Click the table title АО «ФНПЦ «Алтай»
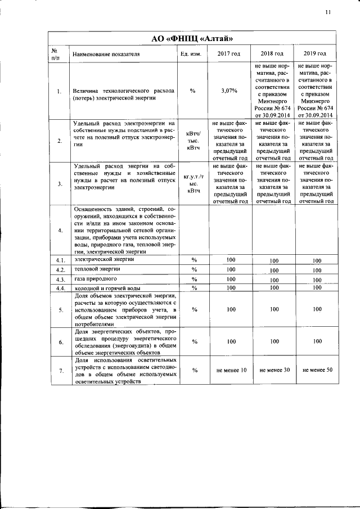[192, 38]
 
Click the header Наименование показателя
[106, 54]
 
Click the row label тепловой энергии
[96, 269]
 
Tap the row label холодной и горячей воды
[106, 288]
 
